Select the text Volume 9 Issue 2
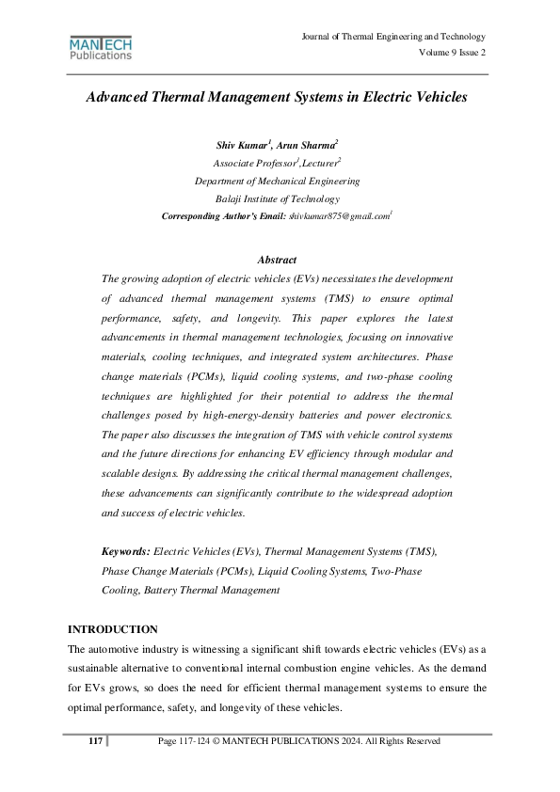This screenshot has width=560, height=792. [x=453, y=53]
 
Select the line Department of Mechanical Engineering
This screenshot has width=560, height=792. [x=277, y=181]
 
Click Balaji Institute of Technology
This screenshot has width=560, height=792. [x=277, y=198]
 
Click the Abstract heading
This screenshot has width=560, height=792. [x=277, y=260]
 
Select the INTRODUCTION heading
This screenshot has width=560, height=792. [x=114, y=628]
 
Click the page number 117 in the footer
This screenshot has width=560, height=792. [x=95, y=741]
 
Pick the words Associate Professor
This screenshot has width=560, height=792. [x=251, y=164]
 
